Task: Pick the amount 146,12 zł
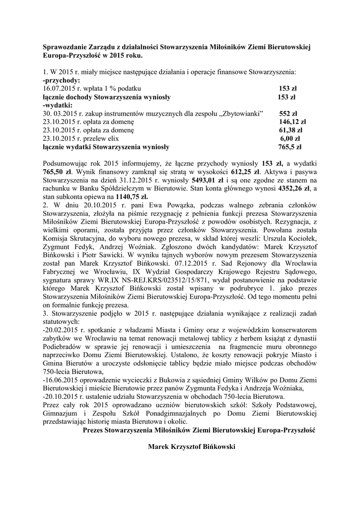[x=292, y=122]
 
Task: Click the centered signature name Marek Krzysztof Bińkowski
[x=191, y=446]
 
